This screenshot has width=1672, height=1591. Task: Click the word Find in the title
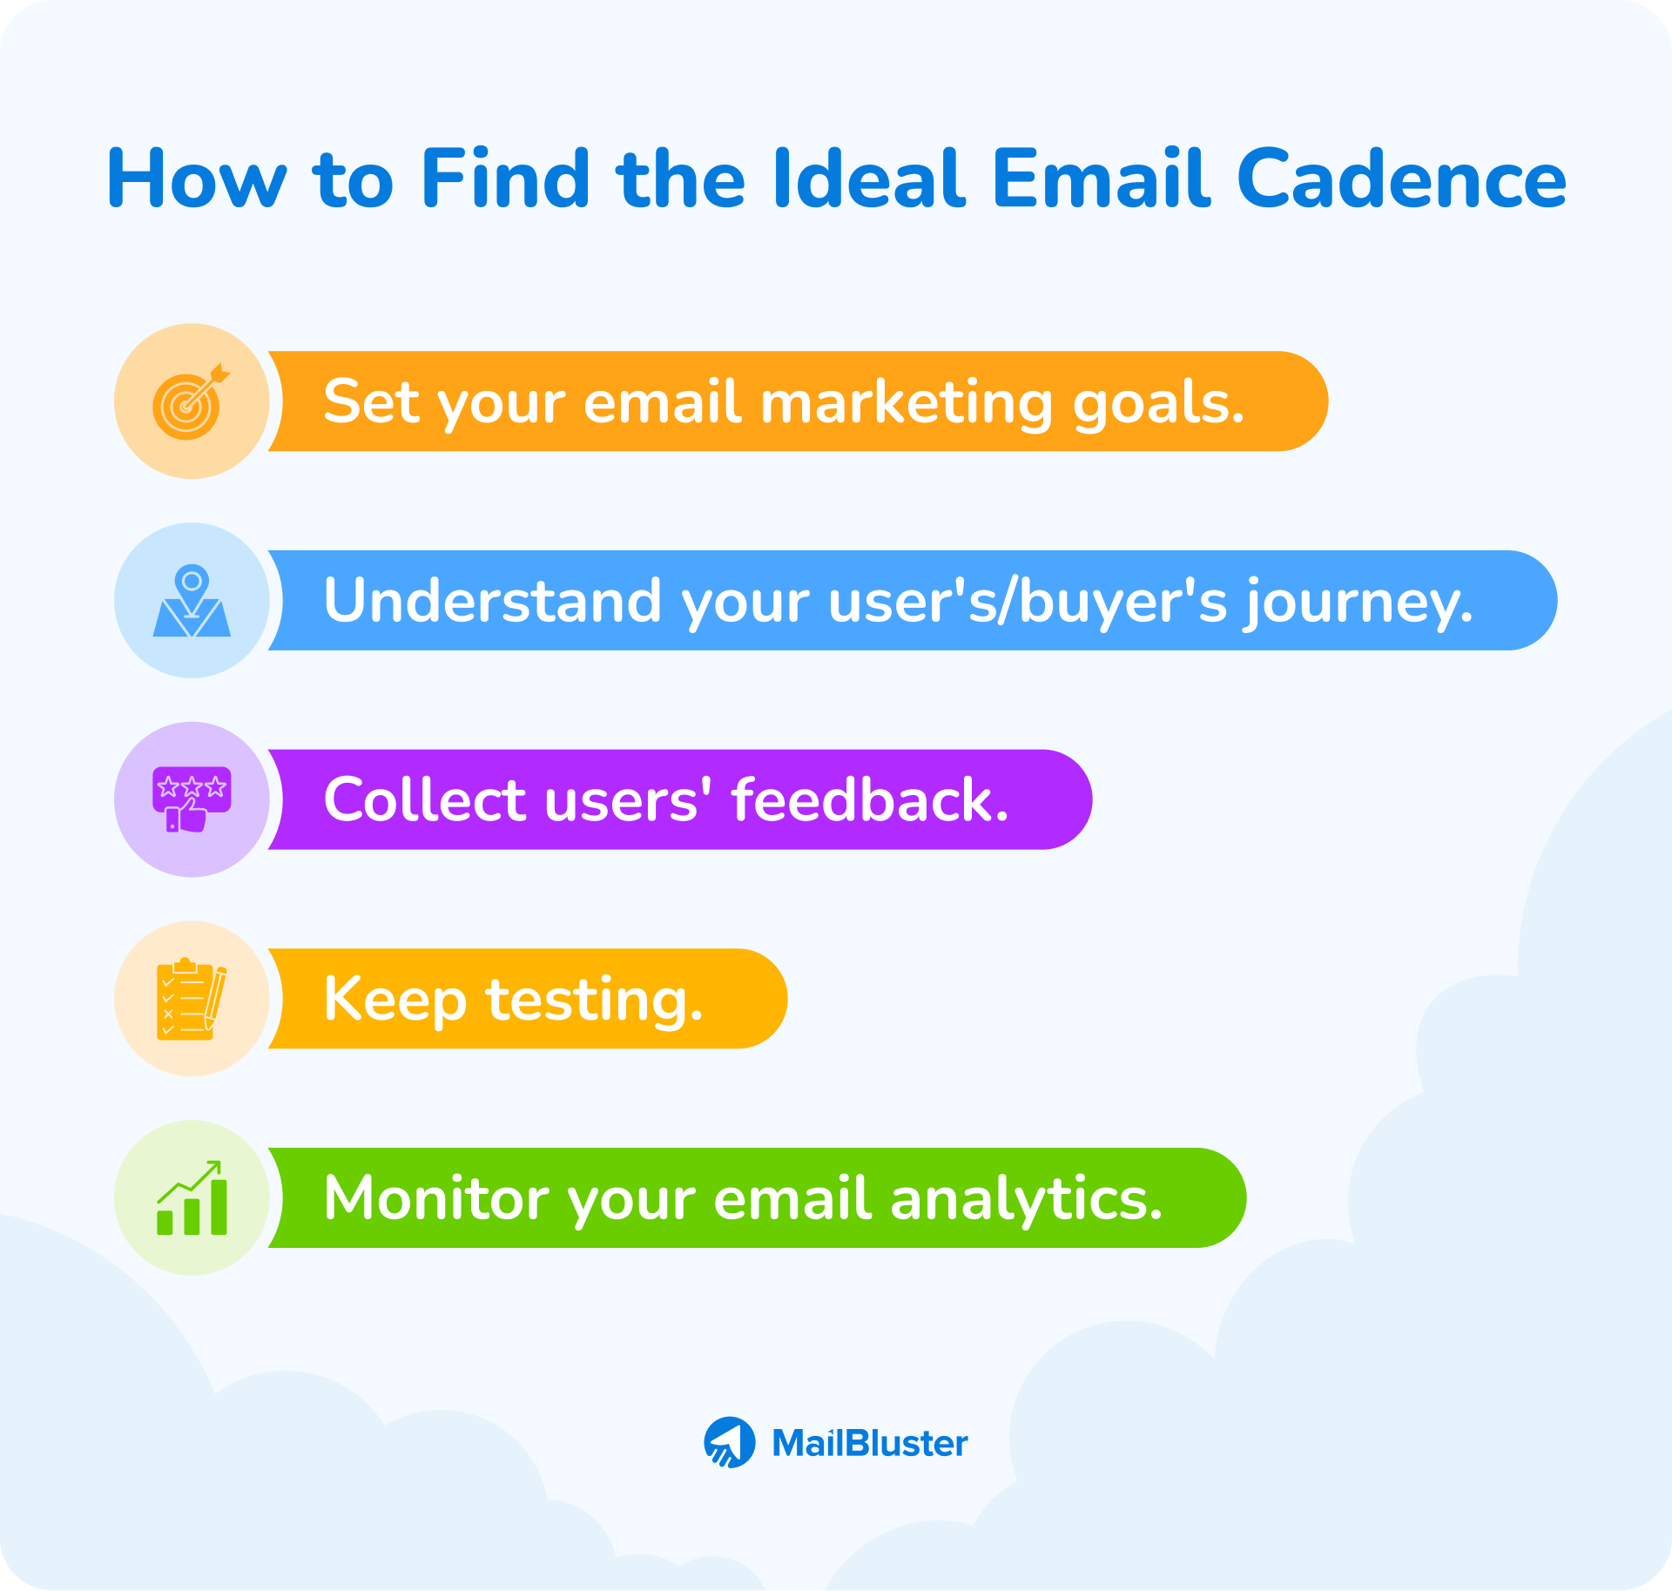click(x=505, y=179)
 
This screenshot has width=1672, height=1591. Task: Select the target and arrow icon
click(x=191, y=401)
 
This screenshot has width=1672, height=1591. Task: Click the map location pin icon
click(x=192, y=601)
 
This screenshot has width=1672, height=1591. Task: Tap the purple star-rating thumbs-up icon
click(x=192, y=799)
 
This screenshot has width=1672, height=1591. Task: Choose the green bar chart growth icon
click(x=192, y=1198)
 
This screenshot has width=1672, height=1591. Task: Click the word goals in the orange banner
click(x=1158, y=404)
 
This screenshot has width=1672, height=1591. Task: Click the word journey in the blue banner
click(x=1358, y=603)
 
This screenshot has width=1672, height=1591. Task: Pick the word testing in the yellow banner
click(x=594, y=1000)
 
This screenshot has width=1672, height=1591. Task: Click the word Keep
click(x=394, y=1000)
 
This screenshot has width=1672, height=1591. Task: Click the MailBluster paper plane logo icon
click(x=730, y=1443)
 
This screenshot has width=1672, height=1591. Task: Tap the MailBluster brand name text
click(x=869, y=1444)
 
